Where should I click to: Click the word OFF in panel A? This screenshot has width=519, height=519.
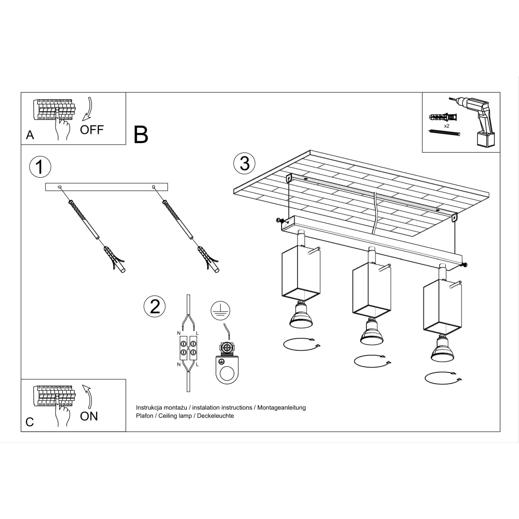[x=92, y=129]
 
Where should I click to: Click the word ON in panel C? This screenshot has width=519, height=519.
[x=89, y=416]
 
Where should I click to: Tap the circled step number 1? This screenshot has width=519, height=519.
[x=40, y=167]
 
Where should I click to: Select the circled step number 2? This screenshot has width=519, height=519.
[x=154, y=306]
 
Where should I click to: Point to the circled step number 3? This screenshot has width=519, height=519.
[x=244, y=164]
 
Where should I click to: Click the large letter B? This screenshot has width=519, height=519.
[x=141, y=135]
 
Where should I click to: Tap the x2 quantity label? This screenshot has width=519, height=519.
[x=447, y=125]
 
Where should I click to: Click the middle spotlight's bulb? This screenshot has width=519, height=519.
[x=370, y=332]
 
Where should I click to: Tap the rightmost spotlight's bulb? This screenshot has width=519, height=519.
[x=442, y=349]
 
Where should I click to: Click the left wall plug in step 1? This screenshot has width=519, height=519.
[x=114, y=260]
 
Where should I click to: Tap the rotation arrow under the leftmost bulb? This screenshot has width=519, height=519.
[x=301, y=344]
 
